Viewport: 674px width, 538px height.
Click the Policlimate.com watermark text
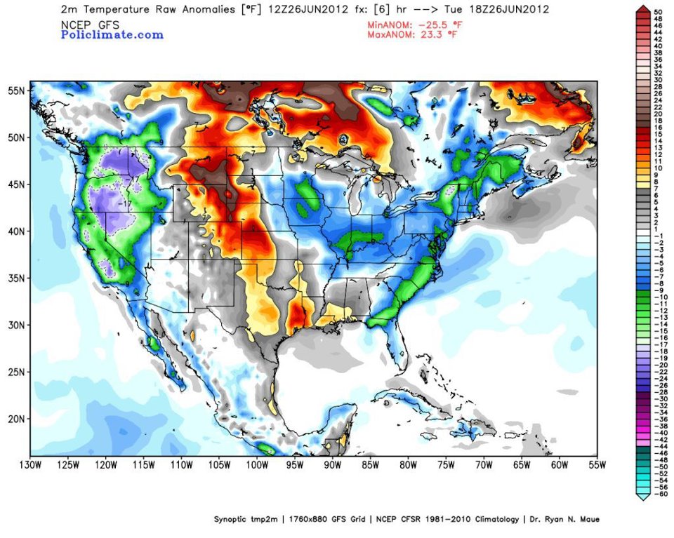point(112,34)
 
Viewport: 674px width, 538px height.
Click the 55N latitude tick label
point(18,90)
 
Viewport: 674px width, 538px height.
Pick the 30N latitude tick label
point(18,325)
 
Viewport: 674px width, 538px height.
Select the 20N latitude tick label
point(18,419)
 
